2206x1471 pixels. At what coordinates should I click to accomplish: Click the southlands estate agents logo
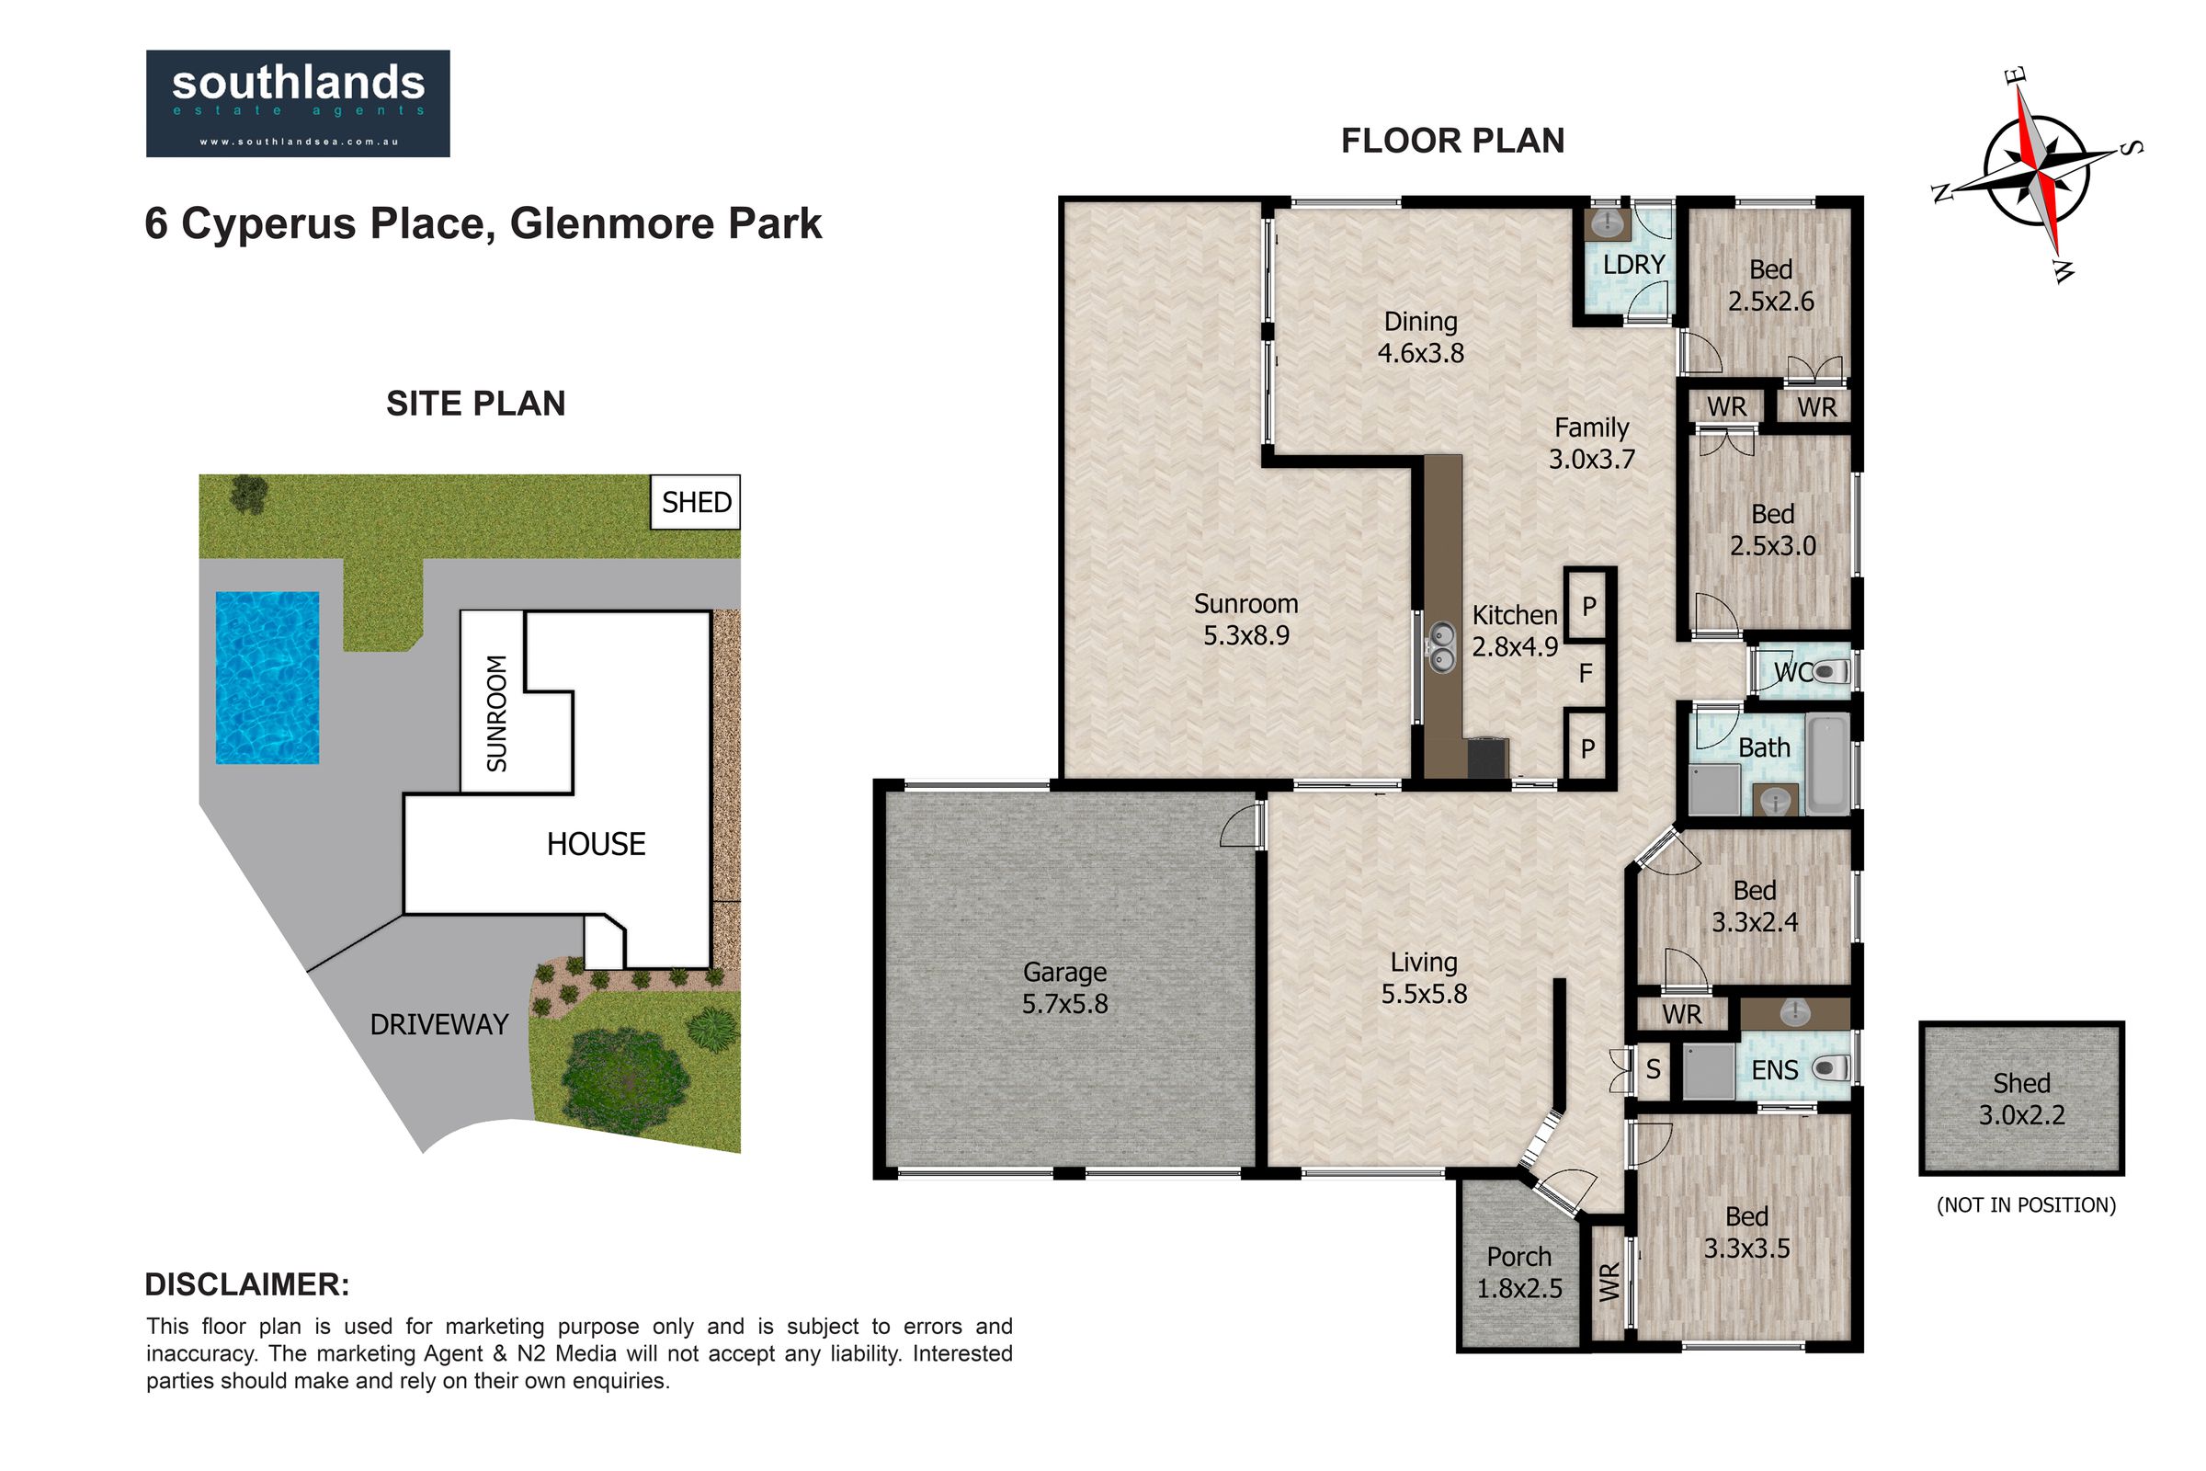click(297, 103)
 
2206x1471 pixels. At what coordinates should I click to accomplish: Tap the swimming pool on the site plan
click(267, 678)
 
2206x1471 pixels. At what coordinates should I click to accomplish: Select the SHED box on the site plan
click(696, 502)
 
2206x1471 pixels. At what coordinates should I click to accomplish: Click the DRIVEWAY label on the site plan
click(439, 1024)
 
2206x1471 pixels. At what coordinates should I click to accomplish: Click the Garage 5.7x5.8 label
click(1064, 987)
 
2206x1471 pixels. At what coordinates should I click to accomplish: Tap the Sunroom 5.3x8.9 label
click(1245, 619)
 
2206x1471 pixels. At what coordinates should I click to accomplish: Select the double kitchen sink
click(1440, 646)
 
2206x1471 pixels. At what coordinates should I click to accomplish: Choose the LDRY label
click(1634, 265)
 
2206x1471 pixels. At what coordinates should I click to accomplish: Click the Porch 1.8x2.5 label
click(1519, 1272)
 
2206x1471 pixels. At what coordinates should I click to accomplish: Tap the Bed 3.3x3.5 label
click(1746, 1233)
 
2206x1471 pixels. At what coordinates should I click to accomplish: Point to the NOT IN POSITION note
click(2026, 1205)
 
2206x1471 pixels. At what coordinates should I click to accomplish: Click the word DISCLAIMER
click(246, 1284)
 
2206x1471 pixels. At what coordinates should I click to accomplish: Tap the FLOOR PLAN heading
click(1453, 141)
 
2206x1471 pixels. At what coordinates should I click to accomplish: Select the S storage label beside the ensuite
click(1654, 1069)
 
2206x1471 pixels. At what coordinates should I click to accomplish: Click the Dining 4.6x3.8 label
click(1421, 336)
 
